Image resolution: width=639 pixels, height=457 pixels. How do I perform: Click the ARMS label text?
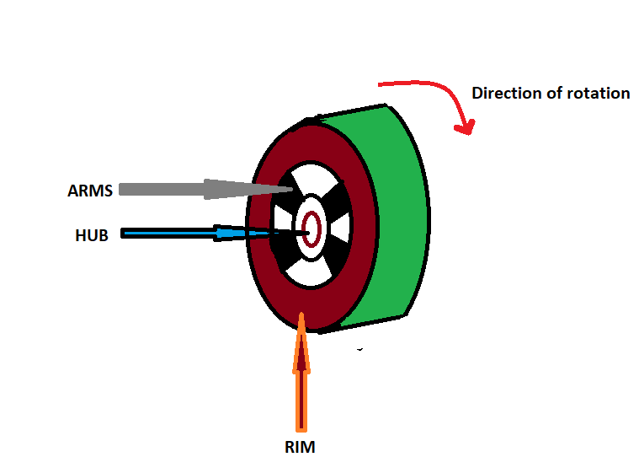[x=90, y=190]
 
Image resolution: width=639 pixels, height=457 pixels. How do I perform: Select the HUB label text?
[x=92, y=236]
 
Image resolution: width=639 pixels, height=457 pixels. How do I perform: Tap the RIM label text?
[x=301, y=447]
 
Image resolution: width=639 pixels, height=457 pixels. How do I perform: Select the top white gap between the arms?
[x=312, y=178]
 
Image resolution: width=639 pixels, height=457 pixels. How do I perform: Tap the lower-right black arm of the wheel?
[x=335, y=257]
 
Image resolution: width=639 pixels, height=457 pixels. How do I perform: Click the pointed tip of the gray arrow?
[x=291, y=190]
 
